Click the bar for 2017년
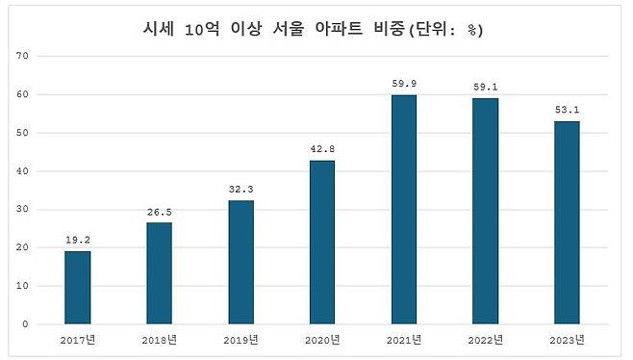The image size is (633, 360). point(77,287)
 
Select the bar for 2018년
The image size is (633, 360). point(159,273)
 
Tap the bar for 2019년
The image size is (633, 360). point(241,262)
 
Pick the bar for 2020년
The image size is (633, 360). point(322,242)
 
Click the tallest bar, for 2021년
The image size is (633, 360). point(404,209)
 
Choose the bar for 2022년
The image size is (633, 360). point(486,211)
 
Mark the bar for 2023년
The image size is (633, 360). point(568,222)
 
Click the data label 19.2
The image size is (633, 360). point(77,238)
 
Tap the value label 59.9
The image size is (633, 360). point(404,83)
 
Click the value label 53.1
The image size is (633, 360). point(568,109)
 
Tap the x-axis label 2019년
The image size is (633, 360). point(241,340)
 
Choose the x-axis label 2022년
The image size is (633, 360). point(486,340)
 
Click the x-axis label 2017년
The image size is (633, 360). point(77,340)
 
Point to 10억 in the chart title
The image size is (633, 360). point(202,30)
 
